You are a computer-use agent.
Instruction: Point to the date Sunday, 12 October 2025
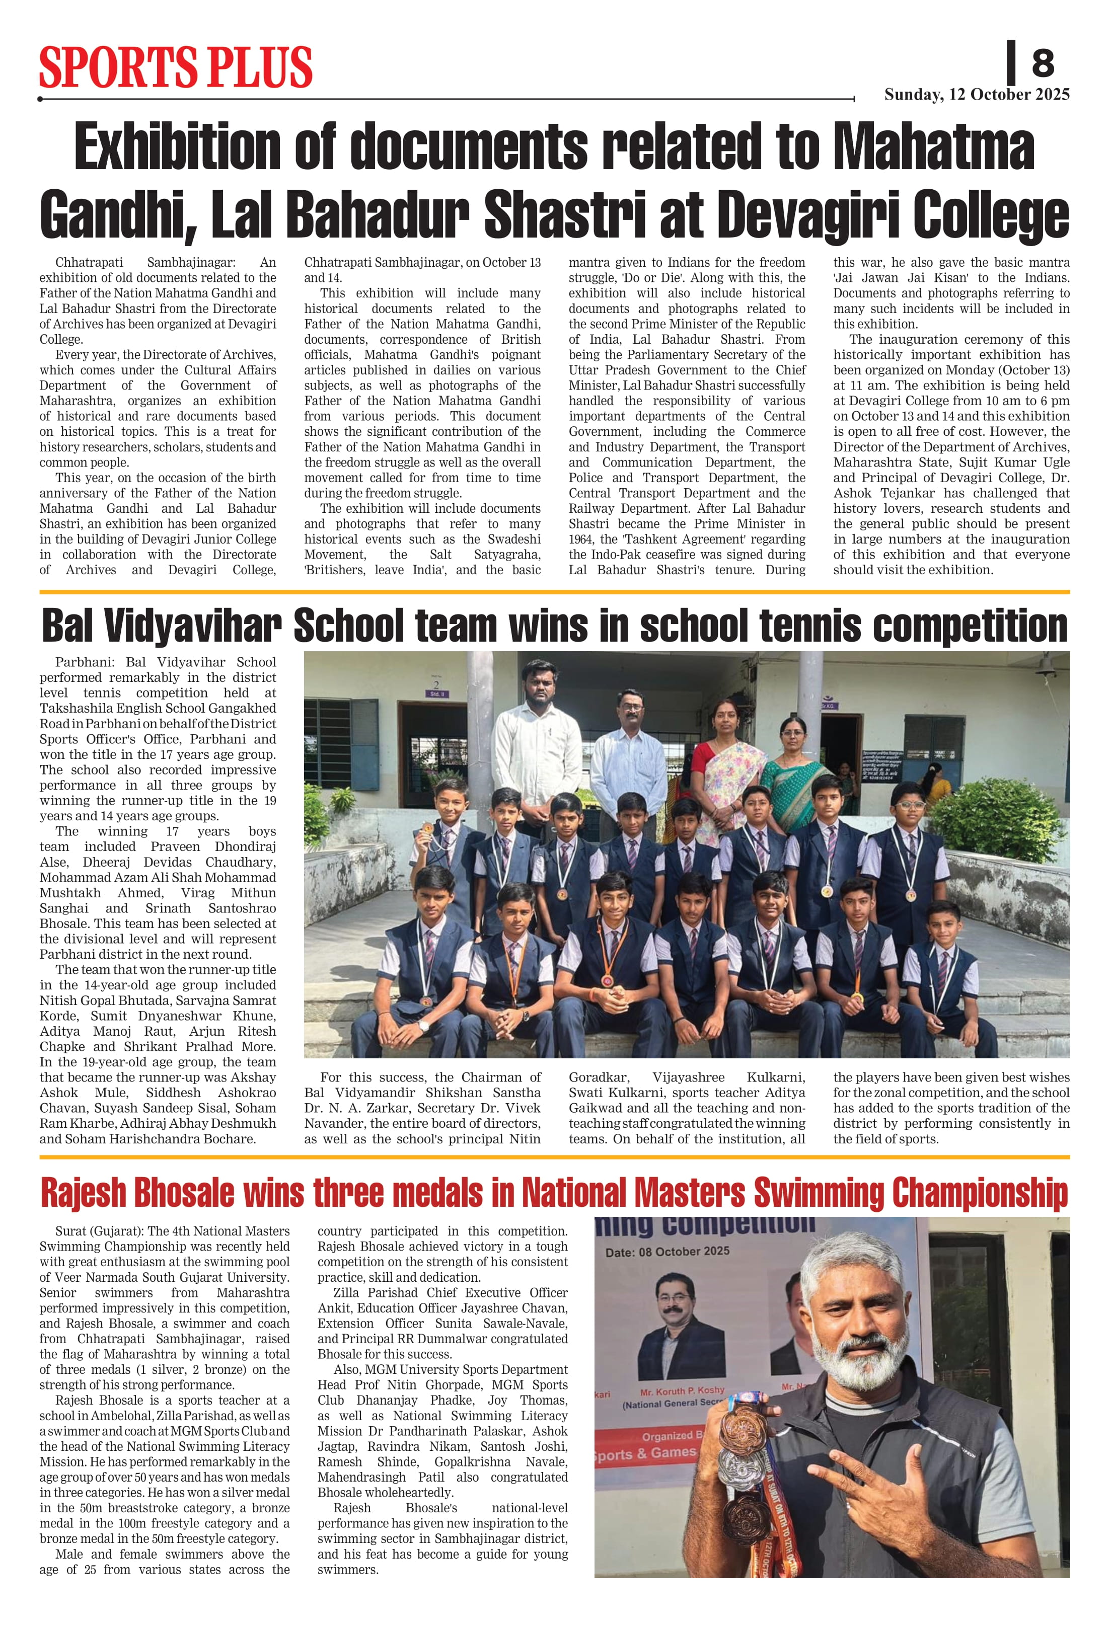tap(977, 95)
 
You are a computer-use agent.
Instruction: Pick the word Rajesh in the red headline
tap(86, 1192)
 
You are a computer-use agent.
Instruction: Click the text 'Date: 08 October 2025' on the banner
tap(668, 1251)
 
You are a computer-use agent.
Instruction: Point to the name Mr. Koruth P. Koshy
tap(682, 1391)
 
